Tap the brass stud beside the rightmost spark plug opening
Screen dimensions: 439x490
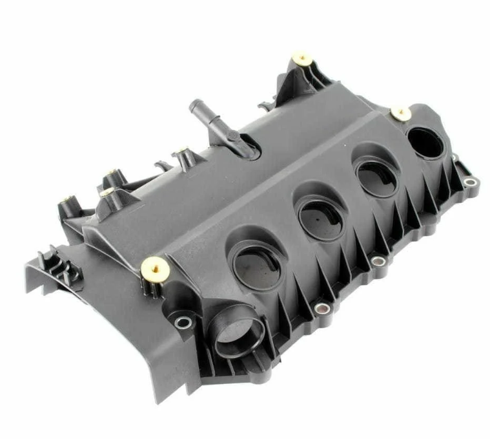[x=401, y=114]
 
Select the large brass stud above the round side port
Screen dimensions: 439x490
[x=154, y=264]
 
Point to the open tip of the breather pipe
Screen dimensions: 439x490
[x=194, y=105]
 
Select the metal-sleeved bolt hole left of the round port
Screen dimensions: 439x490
[x=184, y=321]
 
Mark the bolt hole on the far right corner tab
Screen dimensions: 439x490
[x=471, y=182]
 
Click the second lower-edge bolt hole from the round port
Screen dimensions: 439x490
[x=378, y=261]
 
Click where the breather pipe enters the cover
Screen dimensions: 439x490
[x=245, y=148]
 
